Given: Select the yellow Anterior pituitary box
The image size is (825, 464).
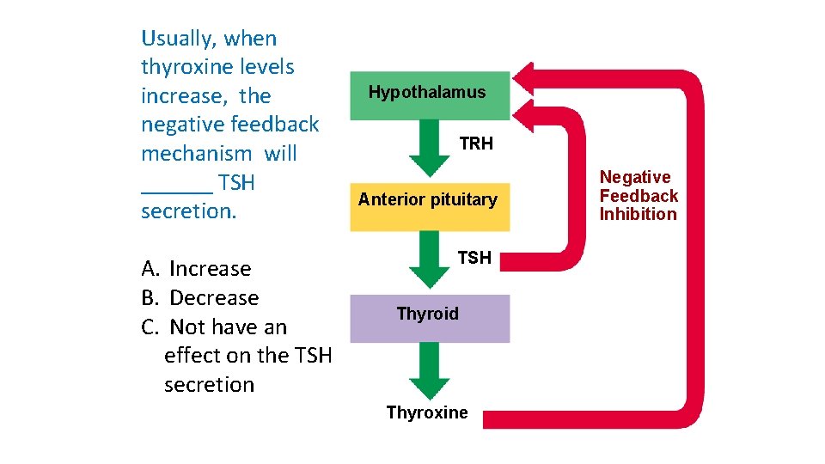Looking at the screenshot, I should tap(428, 206).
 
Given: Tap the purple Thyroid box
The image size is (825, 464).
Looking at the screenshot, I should tap(428, 318).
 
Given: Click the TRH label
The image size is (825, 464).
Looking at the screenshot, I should tap(476, 144).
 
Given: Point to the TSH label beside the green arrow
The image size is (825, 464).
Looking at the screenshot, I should tap(474, 257).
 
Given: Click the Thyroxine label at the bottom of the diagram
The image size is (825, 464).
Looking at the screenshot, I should tap(427, 412).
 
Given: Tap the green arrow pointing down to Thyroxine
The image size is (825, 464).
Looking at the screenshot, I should tap(429, 372).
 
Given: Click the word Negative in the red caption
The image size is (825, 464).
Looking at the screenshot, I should tap(635, 177).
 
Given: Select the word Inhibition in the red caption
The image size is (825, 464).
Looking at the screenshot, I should tap(639, 214).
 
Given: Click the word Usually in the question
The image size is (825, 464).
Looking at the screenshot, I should tap(179, 39).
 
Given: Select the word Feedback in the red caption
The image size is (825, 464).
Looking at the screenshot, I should tap(639, 196).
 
